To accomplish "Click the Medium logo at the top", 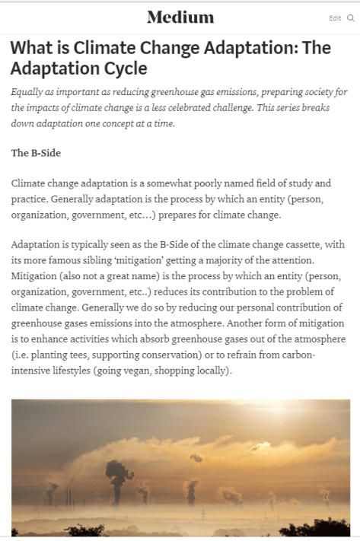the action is pyautogui.click(x=180, y=17).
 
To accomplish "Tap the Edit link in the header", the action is pyautogui.click(x=335, y=18).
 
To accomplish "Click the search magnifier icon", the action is pyautogui.click(x=350, y=18).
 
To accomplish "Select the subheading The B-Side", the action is pyautogui.click(x=36, y=153).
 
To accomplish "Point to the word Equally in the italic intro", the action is pyautogui.click(x=28, y=93).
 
